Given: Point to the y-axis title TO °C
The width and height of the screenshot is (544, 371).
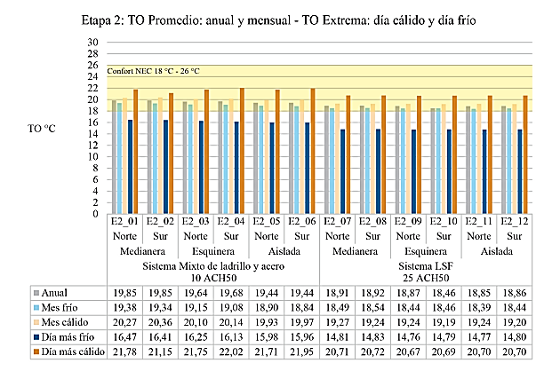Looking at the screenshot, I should [43, 127].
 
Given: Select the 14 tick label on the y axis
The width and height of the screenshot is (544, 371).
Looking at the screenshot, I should [92, 133].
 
